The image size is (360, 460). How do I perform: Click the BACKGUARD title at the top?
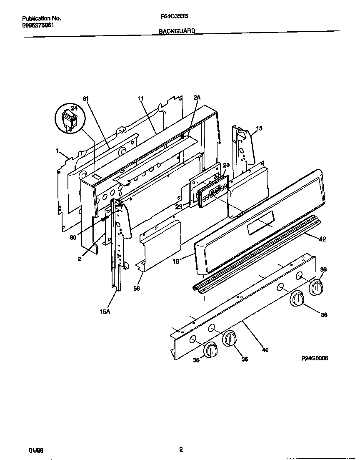(177, 31)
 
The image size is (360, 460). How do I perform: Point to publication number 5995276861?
(38, 25)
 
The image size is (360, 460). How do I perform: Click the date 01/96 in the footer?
(36, 450)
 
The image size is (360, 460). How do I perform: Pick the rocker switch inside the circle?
(68, 118)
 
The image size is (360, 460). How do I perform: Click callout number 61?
(86, 98)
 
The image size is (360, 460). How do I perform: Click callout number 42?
(322, 239)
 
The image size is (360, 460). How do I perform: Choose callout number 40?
(265, 349)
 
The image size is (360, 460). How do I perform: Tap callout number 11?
(140, 98)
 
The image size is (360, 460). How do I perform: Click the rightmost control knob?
(316, 287)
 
